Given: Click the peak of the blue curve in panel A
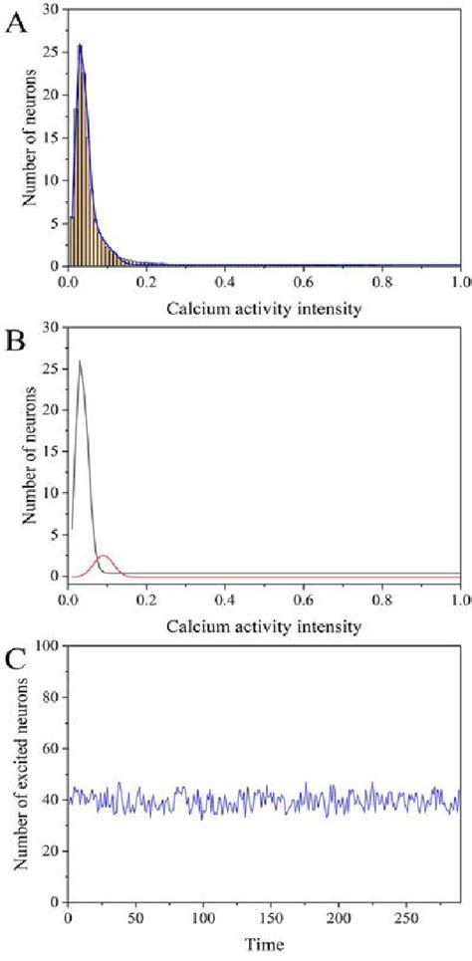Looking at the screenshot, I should [x=80, y=45].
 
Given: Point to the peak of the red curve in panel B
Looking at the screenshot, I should [x=102, y=556].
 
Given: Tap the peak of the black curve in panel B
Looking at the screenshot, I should [x=80, y=361].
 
